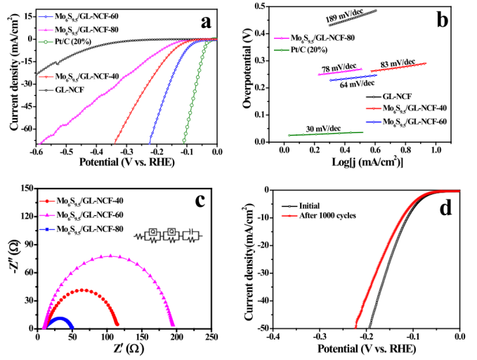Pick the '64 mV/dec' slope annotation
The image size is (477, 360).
(356, 84)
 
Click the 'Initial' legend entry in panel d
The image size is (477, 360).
(310, 207)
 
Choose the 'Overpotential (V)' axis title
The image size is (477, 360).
(247, 73)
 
